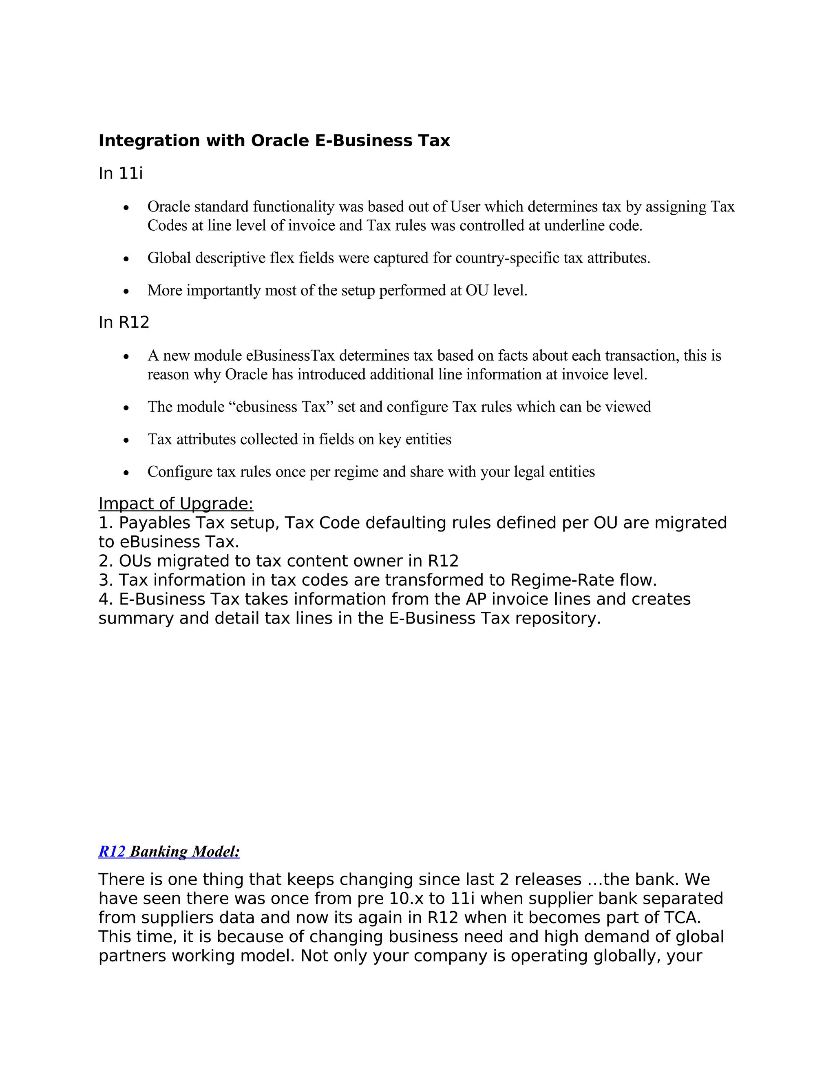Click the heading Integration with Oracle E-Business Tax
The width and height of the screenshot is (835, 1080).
click(x=274, y=141)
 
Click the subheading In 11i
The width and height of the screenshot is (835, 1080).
click(x=120, y=174)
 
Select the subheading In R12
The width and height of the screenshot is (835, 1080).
click(x=124, y=322)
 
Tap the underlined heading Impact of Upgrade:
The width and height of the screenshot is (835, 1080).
click(x=176, y=503)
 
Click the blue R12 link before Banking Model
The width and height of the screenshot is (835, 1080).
click(x=112, y=851)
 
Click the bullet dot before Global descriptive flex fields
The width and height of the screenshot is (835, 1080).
click(x=127, y=259)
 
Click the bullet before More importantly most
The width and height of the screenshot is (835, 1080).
click(x=127, y=291)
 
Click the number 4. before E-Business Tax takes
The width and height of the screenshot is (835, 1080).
click(x=106, y=600)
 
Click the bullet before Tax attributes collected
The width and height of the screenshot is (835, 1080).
click(x=127, y=440)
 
